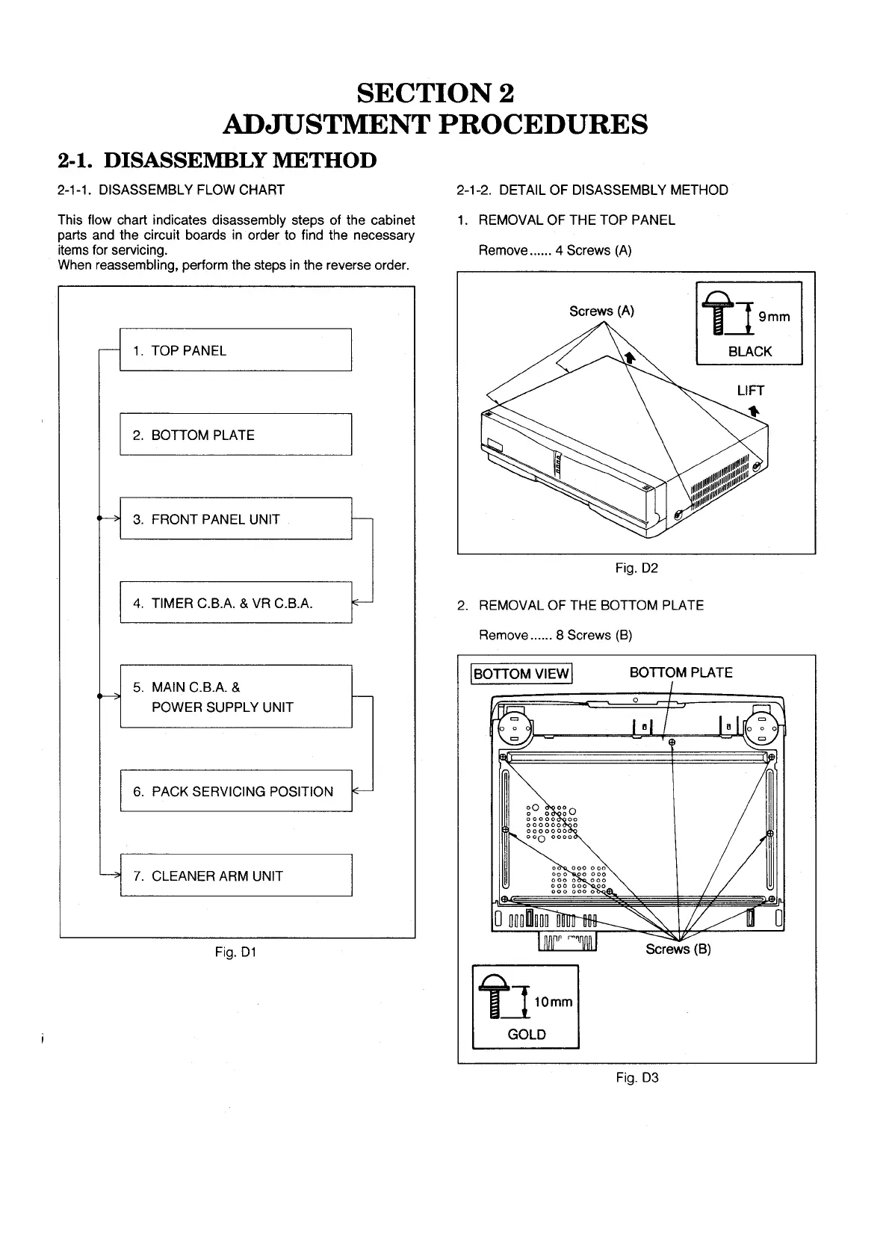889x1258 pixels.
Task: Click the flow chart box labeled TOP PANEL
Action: (x=235, y=350)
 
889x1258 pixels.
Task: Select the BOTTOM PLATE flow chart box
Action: (x=235, y=434)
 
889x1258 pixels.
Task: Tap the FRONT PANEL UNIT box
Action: (x=235, y=518)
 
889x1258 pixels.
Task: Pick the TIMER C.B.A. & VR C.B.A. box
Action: (x=235, y=602)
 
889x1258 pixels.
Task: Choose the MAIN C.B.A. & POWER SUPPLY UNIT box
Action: (x=235, y=696)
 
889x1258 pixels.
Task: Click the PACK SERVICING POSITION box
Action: (x=235, y=790)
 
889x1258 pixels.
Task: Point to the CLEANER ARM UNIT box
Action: (x=235, y=875)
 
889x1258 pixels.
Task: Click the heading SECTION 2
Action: (x=436, y=93)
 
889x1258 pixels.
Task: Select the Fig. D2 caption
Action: (x=636, y=568)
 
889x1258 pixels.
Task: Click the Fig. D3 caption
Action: (x=636, y=1078)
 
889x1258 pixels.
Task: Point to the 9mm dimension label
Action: (x=774, y=317)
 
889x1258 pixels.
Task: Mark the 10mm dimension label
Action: (x=553, y=1002)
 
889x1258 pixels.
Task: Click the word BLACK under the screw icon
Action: (x=749, y=351)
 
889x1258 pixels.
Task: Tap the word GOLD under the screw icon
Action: (x=526, y=1035)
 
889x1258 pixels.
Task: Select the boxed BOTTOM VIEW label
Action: (x=521, y=674)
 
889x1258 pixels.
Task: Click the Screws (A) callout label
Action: (x=601, y=311)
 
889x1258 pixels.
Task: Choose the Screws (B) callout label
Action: (x=678, y=949)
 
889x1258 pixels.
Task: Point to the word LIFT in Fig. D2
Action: (x=750, y=390)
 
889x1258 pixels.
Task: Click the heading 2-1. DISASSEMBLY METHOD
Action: (x=217, y=160)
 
